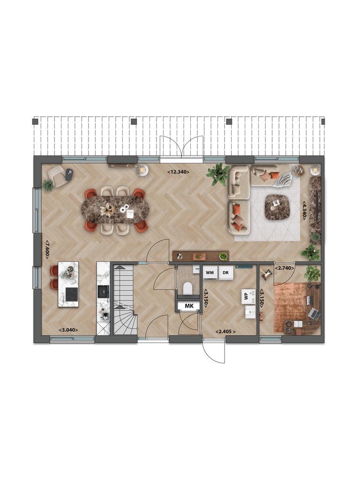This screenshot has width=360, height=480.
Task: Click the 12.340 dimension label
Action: pos(179,172)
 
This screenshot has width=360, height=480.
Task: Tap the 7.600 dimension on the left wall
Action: pos(47,249)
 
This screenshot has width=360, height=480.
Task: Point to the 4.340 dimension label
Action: pos(305,211)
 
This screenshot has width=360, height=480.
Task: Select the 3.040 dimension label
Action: pos(68,330)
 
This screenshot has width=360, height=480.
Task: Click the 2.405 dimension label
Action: pos(225,331)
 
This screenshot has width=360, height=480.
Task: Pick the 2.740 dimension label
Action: pos(285,268)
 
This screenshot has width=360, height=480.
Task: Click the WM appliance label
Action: pos(210,272)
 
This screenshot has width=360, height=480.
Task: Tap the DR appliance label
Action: pos(226,272)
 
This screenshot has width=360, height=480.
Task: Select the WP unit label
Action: pos(246,296)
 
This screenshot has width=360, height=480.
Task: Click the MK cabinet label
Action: pos(189,306)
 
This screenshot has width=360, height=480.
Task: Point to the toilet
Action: pos(188,288)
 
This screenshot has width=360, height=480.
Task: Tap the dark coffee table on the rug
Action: pos(277,207)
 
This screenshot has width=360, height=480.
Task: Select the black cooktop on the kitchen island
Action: pos(72,294)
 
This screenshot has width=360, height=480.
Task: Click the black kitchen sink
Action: pos(103,292)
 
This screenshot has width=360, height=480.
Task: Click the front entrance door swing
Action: pos(214,352)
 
